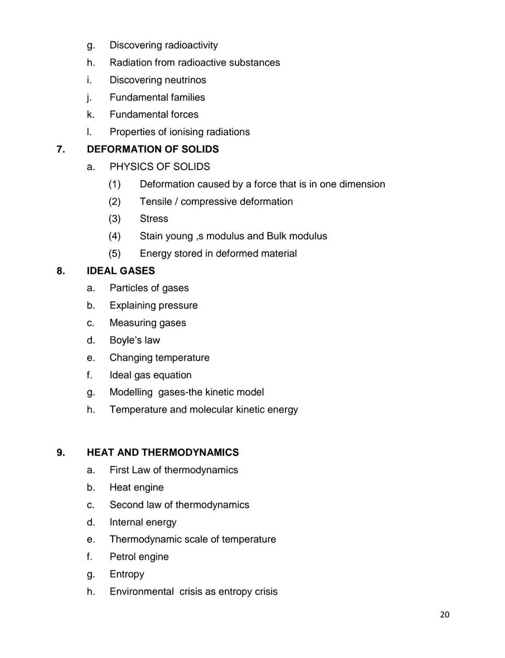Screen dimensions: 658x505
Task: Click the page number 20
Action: tap(444, 614)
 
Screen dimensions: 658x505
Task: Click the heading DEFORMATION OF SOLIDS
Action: tap(153, 149)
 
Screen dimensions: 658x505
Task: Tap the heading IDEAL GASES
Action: tap(121, 271)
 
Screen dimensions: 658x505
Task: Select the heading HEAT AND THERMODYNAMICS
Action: tap(163, 452)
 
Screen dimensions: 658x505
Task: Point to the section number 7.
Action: tap(61, 149)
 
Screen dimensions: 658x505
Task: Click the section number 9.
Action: tap(61, 452)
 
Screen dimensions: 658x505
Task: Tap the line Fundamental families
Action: tap(157, 97)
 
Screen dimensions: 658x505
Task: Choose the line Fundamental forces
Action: tap(154, 114)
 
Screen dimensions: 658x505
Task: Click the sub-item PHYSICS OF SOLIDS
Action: tap(159, 167)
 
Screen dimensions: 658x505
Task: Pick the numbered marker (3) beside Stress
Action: tap(114, 218)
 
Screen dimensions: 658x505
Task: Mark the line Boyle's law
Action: tap(135, 340)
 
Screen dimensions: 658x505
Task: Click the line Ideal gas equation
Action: tap(150, 375)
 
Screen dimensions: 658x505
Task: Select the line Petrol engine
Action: tap(139, 556)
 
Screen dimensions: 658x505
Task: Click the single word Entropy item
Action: tap(127, 574)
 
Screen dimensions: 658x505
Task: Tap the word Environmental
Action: tap(141, 591)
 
